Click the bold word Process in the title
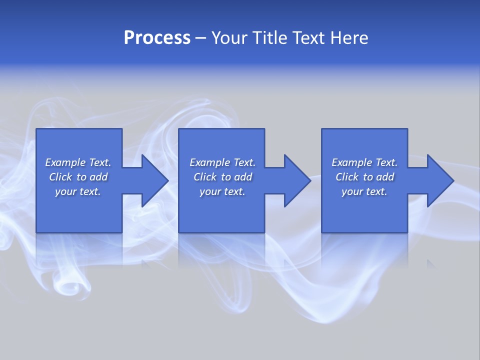[x=157, y=38]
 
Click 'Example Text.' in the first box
[x=78, y=162]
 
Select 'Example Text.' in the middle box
[x=222, y=162]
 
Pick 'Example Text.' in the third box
[x=364, y=162]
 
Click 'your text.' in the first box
[x=78, y=191]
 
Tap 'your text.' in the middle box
[x=222, y=191]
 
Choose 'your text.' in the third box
[x=364, y=191]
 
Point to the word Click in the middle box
[x=205, y=177]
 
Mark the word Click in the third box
[x=347, y=177]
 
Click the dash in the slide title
[x=200, y=38]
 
